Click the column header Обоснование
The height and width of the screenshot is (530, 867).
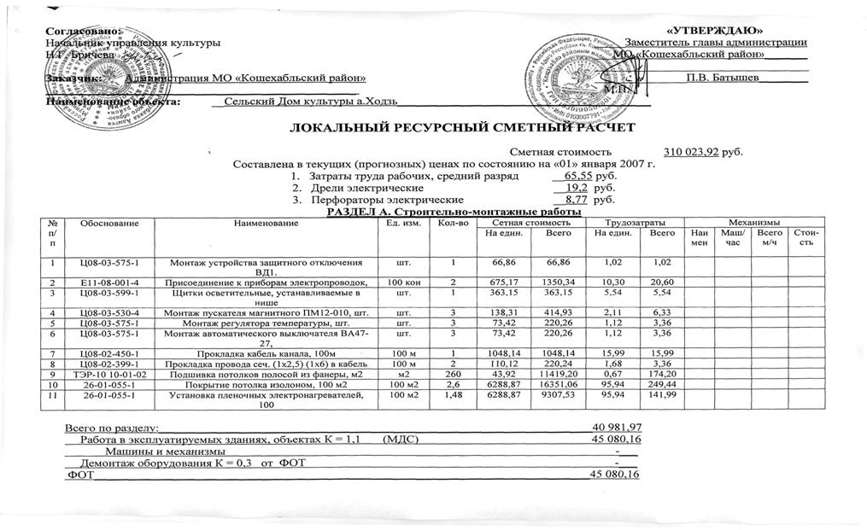[x=106, y=223]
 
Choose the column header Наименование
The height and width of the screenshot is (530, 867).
[x=265, y=223]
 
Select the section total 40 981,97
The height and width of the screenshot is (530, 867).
[x=617, y=427]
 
